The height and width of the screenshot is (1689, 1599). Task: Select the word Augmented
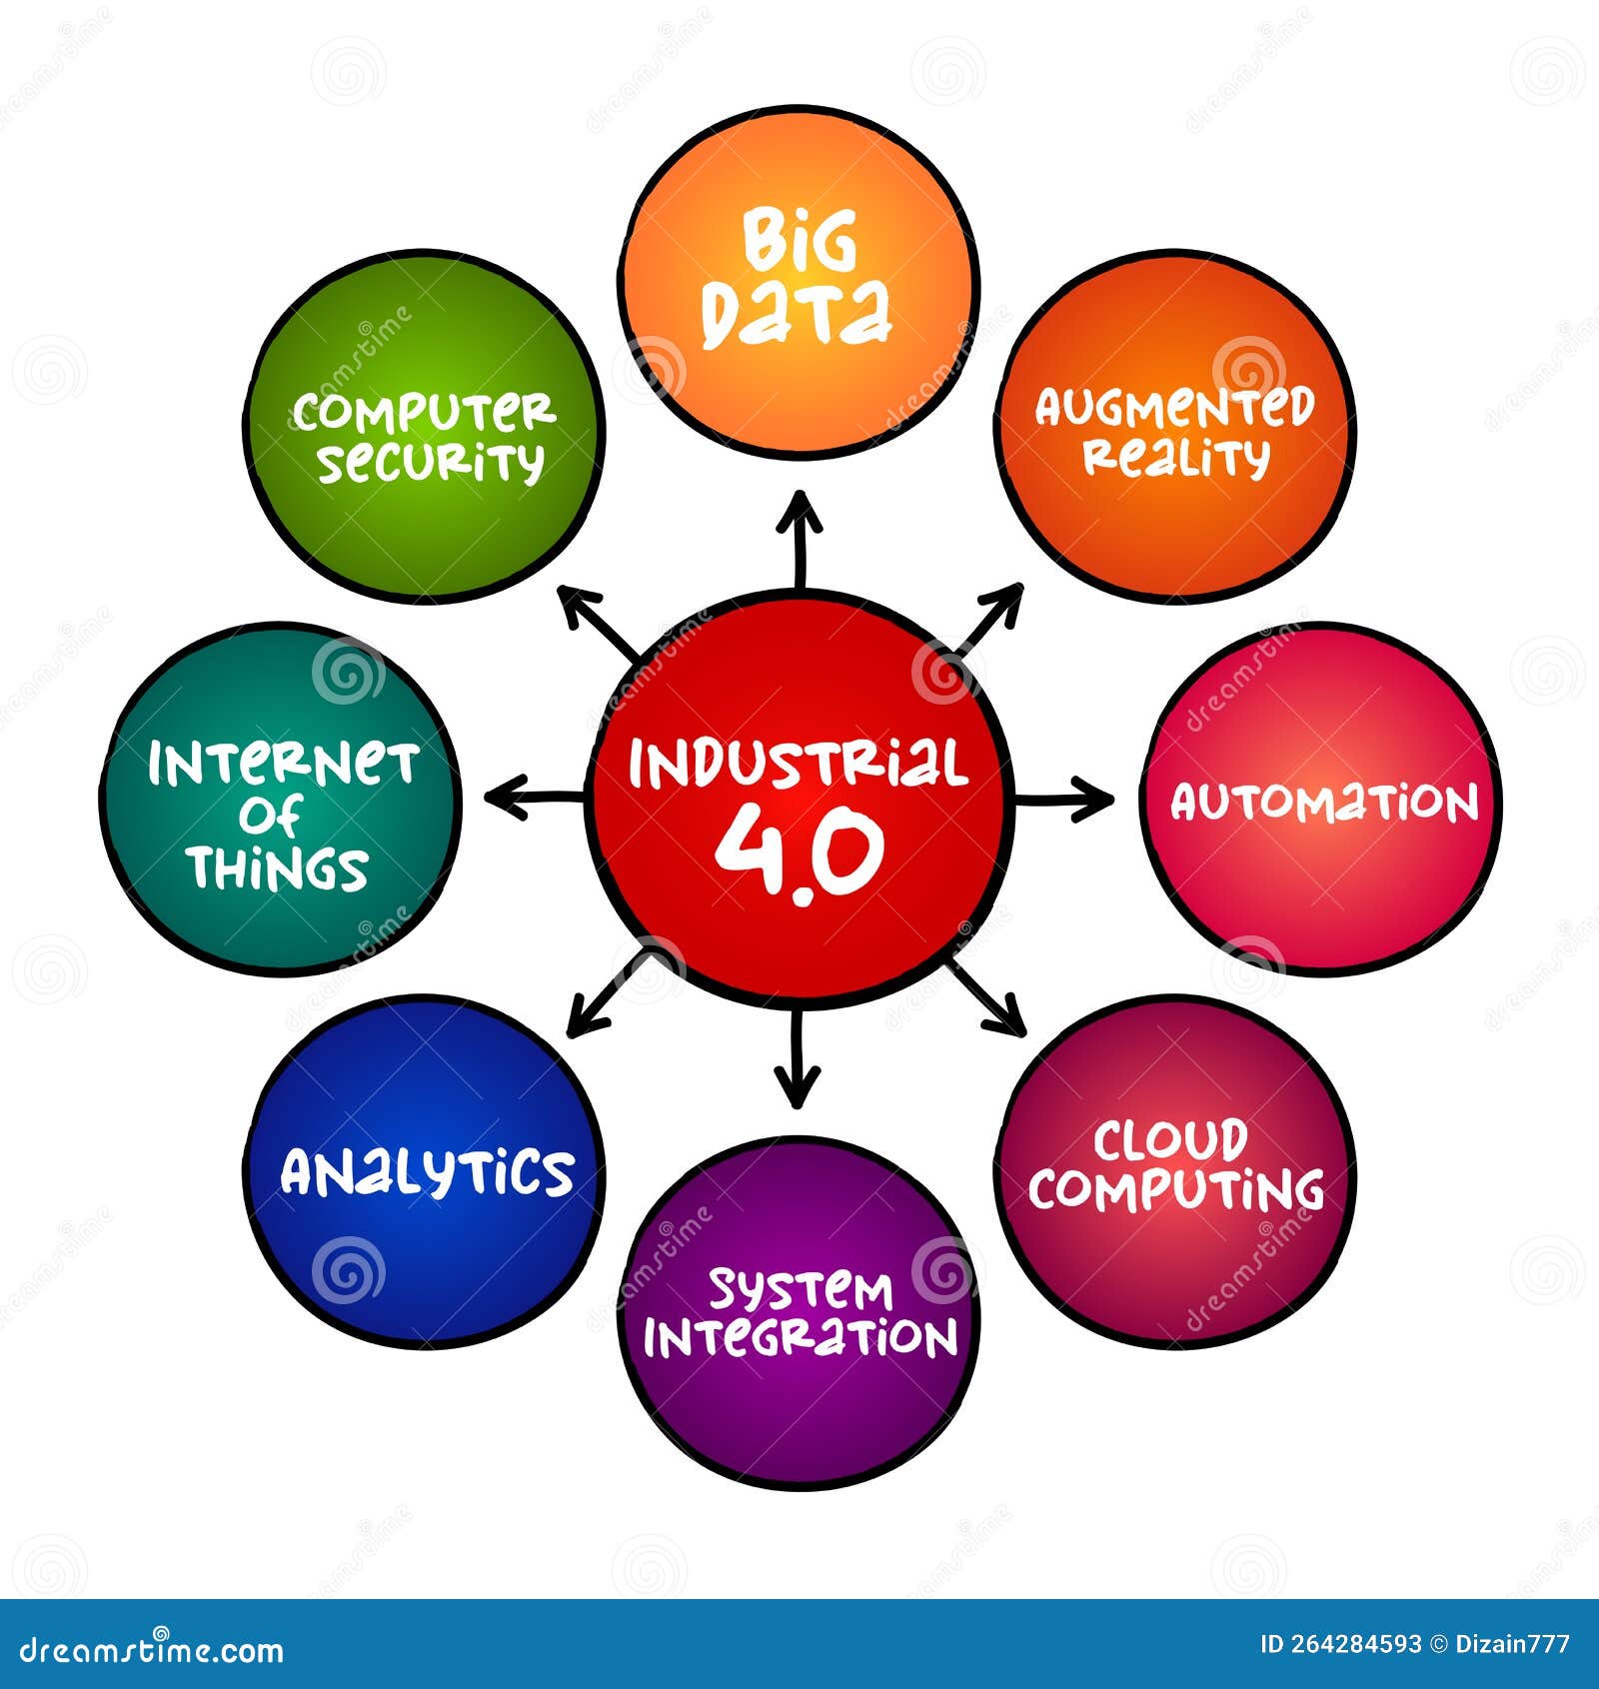click(x=1174, y=407)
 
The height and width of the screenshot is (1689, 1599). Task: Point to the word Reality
click(x=1176, y=459)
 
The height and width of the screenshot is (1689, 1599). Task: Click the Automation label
click(x=1323, y=803)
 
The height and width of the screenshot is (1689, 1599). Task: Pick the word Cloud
click(x=1170, y=1140)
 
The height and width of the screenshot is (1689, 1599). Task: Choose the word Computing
click(x=1176, y=1189)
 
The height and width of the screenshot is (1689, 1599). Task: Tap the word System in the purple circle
click(x=799, y=1290)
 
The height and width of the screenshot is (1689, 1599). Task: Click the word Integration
click(x=799, y=1339)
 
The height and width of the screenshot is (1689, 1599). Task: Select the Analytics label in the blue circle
click(x=427, y=1172)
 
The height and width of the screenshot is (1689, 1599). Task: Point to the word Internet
click(x=283, y=765)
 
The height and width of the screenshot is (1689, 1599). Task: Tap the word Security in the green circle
click(x=431, y=462)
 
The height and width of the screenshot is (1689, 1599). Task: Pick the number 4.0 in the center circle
click(x=799, y=850)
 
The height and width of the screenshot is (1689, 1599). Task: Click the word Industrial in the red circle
click(x=799, y=765)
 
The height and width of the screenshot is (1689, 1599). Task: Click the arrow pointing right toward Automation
click(x=1065, y=799)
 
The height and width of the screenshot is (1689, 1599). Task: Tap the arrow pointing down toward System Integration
click(x=797, y=1059)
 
